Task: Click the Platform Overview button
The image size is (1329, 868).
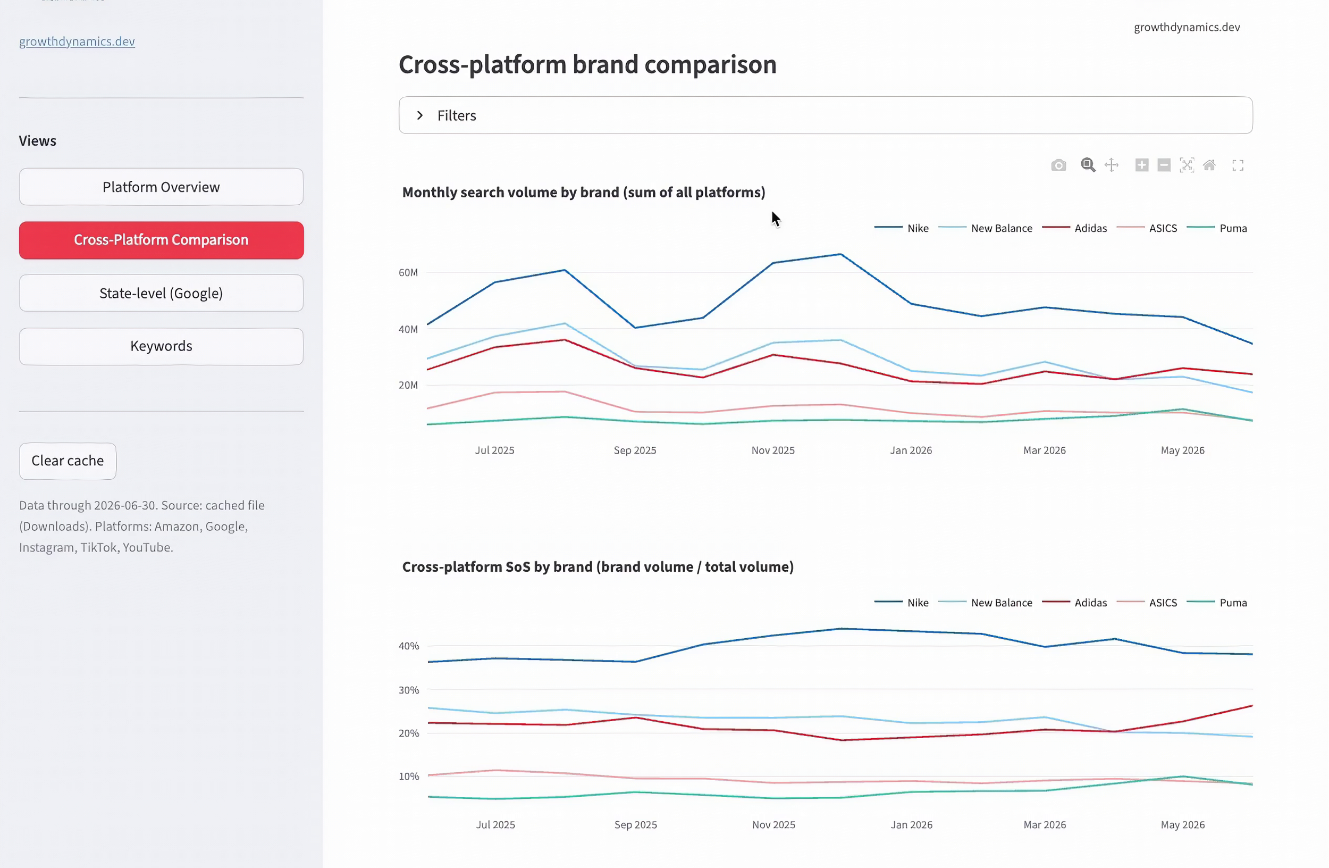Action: pyautogui.click(x=162, y=187)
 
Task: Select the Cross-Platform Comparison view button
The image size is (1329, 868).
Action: pyautogui.click(x=162, y=240)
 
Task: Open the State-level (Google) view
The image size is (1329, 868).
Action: pyautogui.click(x=162, y=293)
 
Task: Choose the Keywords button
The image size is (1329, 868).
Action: pyautogui.click(x=162, y=346)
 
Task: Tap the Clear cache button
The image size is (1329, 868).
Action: pyautogui.click(x=68, y=461)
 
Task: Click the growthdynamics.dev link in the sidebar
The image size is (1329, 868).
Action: pyautogui.click(x=77, y=41)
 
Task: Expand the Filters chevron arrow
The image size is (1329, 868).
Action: pyautogui.click(x=420, y=115)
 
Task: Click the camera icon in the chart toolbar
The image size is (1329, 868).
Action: pyautogui.click(x=1058, y=165)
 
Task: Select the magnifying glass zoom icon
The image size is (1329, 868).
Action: pyautogui.click(x=1088, y=165)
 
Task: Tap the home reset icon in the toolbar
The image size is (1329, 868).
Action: pyautogui.click(x=1209, y=165)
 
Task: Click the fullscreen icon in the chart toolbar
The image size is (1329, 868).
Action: pyautogui.click(x=1238, y=165)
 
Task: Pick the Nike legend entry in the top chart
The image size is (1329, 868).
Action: pyautogui.click(x=901, y=228)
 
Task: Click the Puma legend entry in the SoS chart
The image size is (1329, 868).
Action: pyautogui.click(x=1217, y=602)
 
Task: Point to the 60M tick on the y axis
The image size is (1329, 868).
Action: pyautogui.click(x=408, y=272)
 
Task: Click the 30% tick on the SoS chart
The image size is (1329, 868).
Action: pyautogui.click(x=409, y=690)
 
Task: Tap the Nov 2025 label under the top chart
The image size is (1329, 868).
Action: pyautogui.click(x=773, y=450)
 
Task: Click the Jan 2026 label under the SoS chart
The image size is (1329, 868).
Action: pyautogui.click(x=911, y=824)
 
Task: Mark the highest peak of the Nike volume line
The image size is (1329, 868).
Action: pyautogui.click(x=841, y=254)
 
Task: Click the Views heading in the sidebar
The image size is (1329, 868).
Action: pyautogui.click(x=37, y=141)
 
